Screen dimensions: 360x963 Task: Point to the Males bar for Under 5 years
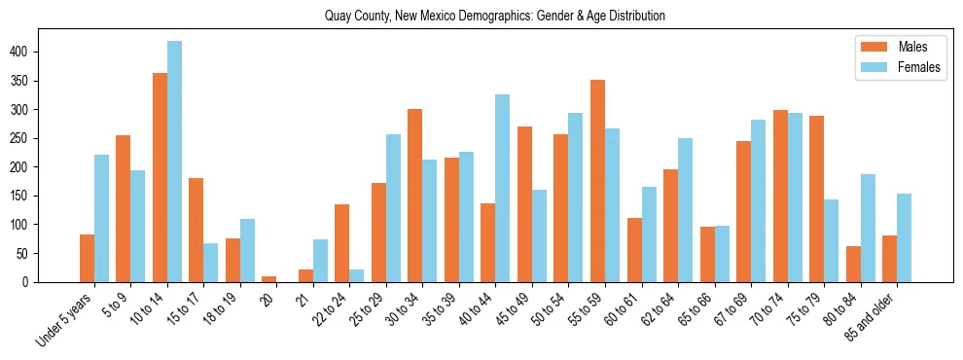[x=88, y=258]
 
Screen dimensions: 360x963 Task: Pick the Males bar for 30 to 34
[x=415, y=196]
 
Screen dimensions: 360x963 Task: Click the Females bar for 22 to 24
[x=357, y=275]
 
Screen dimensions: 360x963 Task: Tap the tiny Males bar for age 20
[x=269, y=279]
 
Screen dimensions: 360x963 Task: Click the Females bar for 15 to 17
[x=211, y=263]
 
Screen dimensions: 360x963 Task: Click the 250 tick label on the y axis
[x=26, y=138]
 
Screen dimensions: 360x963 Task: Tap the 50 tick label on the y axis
[x=29, y=253]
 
